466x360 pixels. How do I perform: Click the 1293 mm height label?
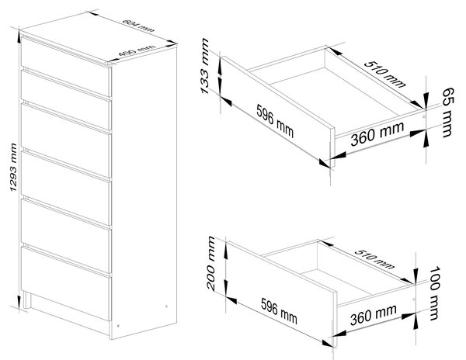point(14,167)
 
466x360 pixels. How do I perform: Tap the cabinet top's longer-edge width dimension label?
point(138,26)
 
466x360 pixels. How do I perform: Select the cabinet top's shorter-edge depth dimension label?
point(137,50)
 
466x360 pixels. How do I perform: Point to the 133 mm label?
point(205,66)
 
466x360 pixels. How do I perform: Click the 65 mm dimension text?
point(448,112)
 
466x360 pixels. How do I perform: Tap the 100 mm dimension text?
point(434,293)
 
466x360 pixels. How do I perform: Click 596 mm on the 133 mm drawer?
point(275,121)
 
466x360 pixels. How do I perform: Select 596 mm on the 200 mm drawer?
point(279,310)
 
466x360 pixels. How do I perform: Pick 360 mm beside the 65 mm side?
point(377,134)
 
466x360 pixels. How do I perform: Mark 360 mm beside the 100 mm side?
point(374,314)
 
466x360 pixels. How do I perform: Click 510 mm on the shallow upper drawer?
point(384,74)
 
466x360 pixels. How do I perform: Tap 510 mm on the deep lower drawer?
point(374,259)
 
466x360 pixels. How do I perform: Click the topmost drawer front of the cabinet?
point(66,66)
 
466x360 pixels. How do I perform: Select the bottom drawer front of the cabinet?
point(66,284)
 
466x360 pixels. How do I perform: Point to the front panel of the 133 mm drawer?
point(279,112)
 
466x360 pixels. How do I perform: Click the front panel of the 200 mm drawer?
point(282,294)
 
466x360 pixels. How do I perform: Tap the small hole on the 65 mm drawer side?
point(424,116)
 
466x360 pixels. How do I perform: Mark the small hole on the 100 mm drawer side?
point(414,299)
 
